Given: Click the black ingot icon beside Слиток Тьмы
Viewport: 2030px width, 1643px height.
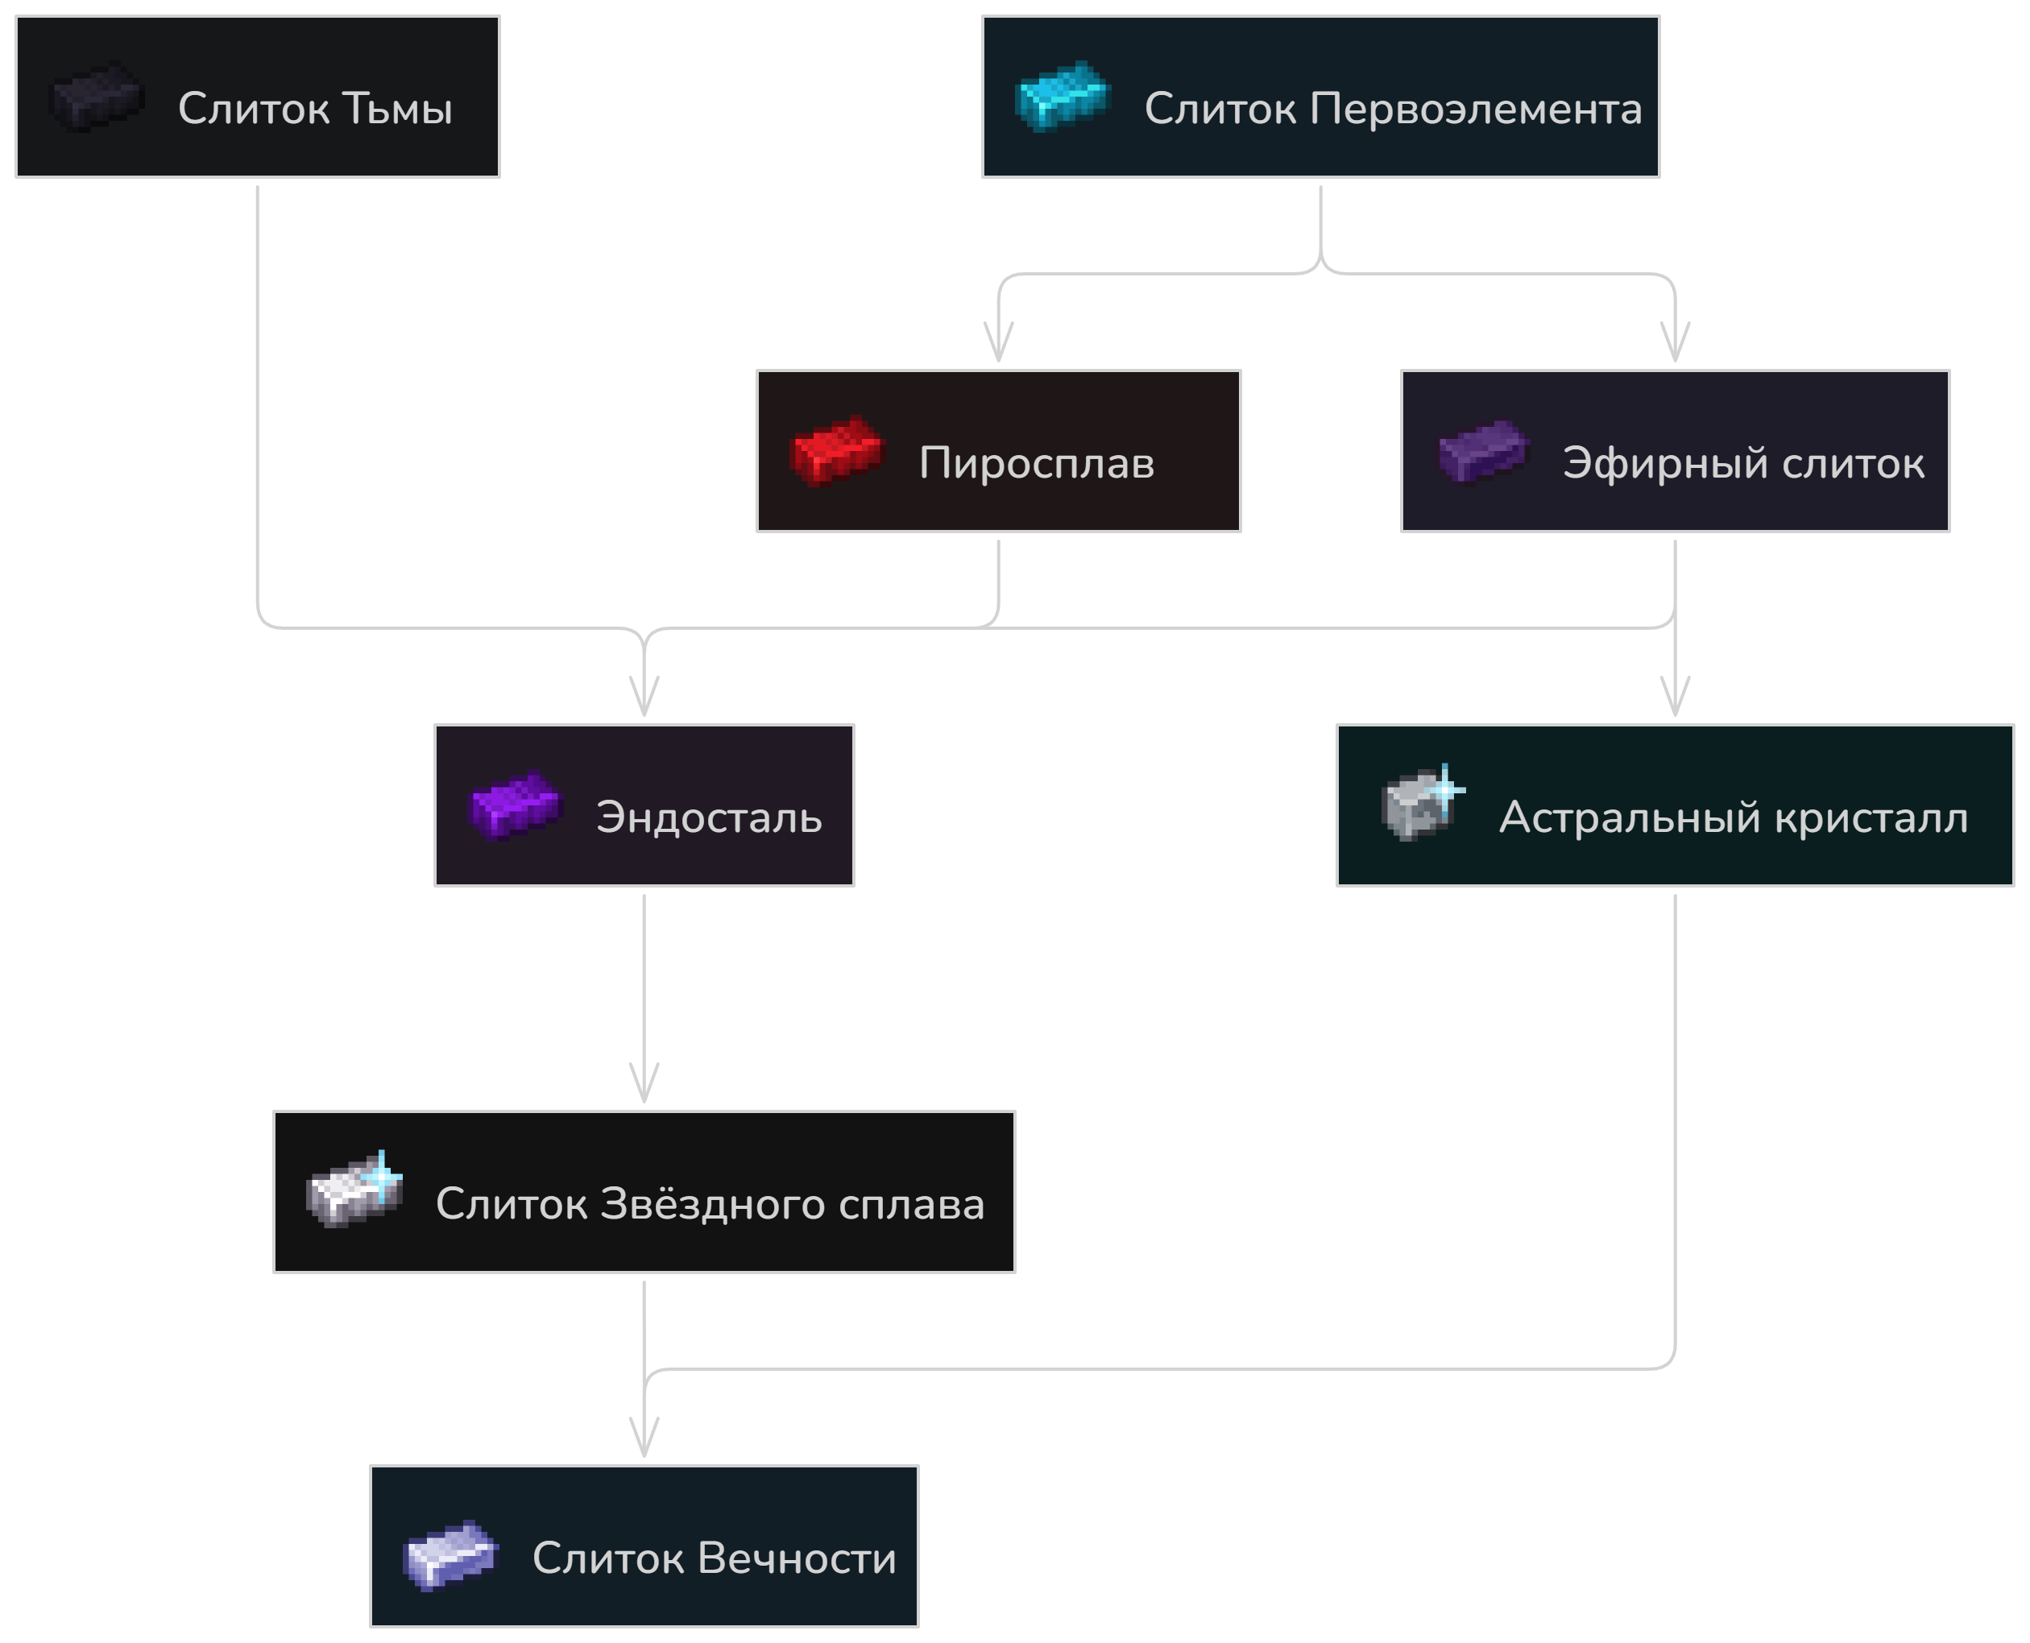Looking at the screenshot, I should [97, 97].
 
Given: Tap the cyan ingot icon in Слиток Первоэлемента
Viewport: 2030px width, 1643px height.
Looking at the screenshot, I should [1061, 96].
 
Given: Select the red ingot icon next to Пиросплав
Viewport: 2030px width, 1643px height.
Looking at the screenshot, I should [837, 450].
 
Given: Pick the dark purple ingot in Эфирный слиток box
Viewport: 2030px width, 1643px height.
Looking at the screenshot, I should [1483, 452].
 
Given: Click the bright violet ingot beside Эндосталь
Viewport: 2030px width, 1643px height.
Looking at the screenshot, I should [516, 806].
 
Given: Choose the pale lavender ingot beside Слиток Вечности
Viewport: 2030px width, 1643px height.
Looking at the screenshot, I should [449, 1556].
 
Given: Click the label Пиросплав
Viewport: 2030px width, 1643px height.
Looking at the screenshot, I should [1036, 464].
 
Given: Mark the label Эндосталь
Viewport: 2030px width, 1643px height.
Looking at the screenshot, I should [709, 817].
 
